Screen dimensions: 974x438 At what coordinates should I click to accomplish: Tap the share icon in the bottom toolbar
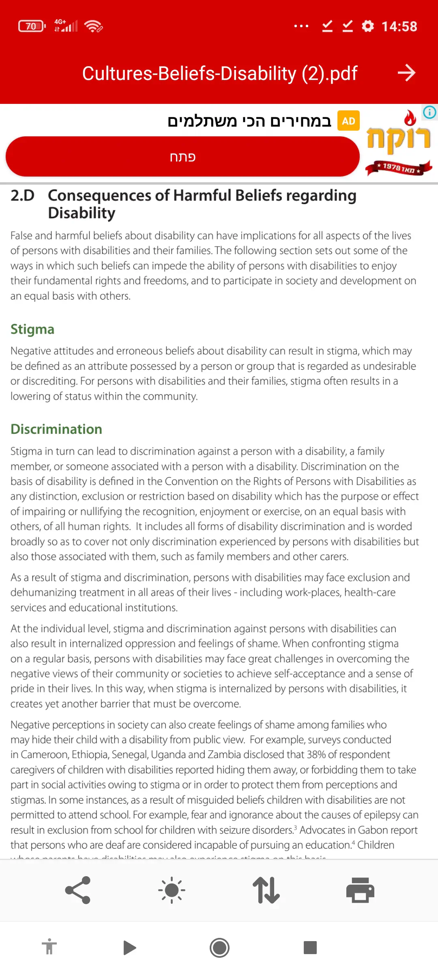coord(77,890)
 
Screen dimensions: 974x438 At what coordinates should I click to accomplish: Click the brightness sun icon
coord(172,890)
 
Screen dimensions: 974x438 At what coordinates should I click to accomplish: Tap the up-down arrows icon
coord(266,890)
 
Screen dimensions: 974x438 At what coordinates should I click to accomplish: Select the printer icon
coord(360,890)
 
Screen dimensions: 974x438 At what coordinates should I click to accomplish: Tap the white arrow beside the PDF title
coord(406,73)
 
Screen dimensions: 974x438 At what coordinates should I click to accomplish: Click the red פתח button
coord(182,157)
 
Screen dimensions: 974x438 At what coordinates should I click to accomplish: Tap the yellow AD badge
coord(348,121)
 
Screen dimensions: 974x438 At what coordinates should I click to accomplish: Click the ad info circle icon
coord(429,112)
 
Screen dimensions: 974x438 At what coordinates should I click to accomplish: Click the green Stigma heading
coord(32,329)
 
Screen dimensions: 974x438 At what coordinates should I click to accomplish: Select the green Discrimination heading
coord(56,429)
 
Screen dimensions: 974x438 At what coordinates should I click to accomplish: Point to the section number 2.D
coord(22,196)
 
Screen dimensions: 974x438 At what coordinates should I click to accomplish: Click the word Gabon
coord(373,830)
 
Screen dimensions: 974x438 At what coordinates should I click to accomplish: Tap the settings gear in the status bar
coord(368,26)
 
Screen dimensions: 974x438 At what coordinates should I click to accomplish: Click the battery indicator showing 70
coord(32,26)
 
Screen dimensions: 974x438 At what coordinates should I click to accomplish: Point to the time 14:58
coord(399,26)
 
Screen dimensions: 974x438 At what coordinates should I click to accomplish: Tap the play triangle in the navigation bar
coord(129,948)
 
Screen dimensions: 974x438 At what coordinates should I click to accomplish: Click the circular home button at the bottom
coord(219,948)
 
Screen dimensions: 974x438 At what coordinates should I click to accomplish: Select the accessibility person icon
coord(49,947)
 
